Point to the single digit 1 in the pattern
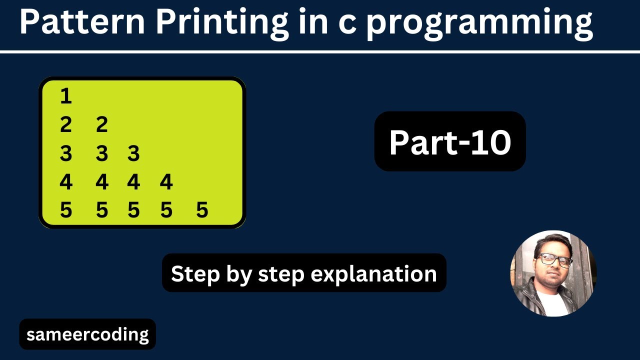[x=65, y=95]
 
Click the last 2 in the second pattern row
[x=101, y=124]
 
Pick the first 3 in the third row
[x=65, y=153]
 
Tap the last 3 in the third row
[x=133, y=153]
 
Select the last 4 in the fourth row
[x=166, y=182]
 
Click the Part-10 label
[x=450, y=142]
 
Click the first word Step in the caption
[x=189, y=274]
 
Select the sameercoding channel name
[x=87, y=334]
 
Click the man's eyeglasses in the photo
[x=555, y=259]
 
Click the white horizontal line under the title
[x=320, y=51]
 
